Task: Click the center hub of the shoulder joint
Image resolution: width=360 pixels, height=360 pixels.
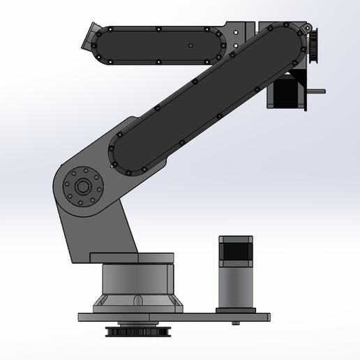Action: click(x=83, y=187)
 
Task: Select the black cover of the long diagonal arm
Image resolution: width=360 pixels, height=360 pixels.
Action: click(x=202, y=98)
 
